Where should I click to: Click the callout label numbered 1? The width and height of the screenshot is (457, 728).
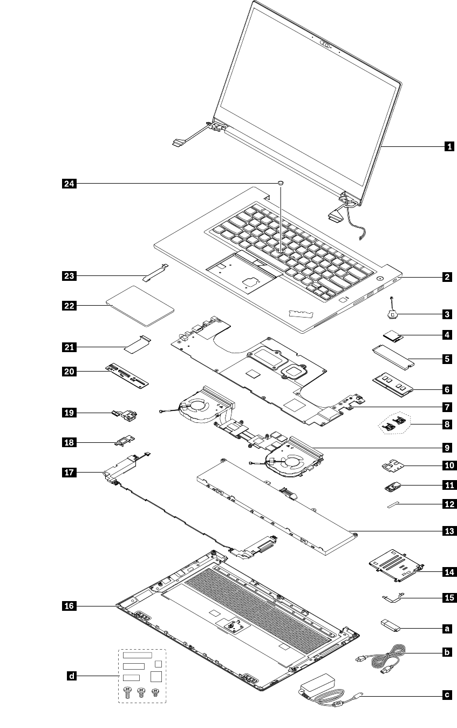pyautogui.click(x=447, y=146)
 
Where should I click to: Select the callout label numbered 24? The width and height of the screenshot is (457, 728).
pyautogui.click(x=69, y=184)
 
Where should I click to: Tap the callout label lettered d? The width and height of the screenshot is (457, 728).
pyautogui.click(x=71, y=675)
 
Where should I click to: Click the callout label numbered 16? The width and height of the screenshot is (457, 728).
pyautogui.click(x=69, y=606)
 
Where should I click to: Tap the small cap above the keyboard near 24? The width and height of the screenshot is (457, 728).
pyautogui.click(x=281, y=184)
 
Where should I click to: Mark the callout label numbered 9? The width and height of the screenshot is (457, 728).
pyautogui.click(x=447, y=447)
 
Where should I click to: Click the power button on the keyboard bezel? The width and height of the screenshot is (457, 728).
pyautogui.click(x=381, y=279)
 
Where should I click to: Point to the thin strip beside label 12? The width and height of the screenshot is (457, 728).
pyautogui.click(x=395, y=504)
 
